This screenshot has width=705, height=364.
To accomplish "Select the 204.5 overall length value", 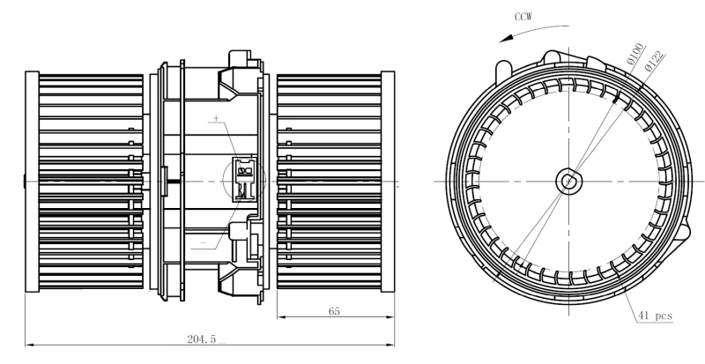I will (x=202, y=337).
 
